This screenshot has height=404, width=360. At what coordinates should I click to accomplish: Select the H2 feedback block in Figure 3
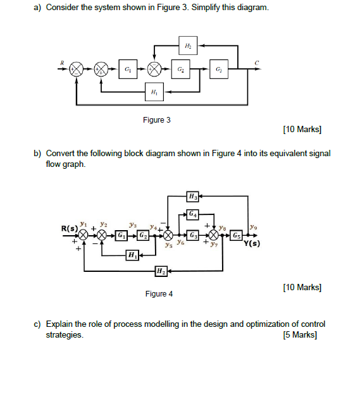187,46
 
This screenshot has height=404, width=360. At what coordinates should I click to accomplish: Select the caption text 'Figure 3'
158,120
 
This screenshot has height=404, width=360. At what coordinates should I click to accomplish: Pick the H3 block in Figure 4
192,197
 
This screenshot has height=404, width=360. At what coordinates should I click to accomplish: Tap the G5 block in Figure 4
236,236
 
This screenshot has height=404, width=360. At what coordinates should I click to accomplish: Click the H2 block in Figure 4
160,272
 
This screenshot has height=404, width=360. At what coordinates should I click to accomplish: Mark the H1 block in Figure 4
132,255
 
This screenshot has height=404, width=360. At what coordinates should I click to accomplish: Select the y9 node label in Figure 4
253,226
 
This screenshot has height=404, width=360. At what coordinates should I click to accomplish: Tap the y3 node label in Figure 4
132,224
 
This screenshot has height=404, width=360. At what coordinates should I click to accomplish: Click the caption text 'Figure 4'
159,294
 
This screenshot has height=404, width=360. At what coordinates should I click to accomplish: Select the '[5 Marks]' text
301,334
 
